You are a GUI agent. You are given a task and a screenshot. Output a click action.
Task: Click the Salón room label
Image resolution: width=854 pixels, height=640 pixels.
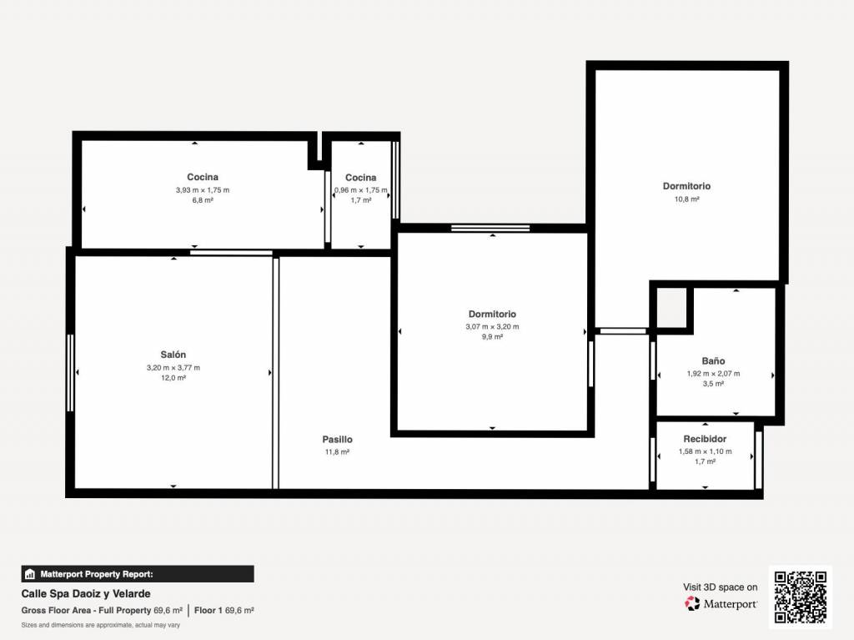pos(173,355)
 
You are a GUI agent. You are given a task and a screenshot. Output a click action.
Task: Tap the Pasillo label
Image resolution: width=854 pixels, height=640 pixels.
pos(337,440)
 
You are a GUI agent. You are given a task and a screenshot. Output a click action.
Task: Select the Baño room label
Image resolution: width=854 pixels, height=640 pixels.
pos(713,360)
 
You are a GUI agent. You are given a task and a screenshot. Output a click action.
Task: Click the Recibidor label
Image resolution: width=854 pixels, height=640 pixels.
pos(705,439)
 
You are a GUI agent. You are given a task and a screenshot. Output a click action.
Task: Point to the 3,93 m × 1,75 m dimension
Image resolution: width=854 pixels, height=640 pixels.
pos(203,190)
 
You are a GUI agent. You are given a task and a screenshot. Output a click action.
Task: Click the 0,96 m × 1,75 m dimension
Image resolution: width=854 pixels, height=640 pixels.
pos(361,190)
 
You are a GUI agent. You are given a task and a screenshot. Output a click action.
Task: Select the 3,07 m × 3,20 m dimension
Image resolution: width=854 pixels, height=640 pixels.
pos(492,327)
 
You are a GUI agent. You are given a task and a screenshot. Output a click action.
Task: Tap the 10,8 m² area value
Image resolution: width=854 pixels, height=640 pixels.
pos(687,199)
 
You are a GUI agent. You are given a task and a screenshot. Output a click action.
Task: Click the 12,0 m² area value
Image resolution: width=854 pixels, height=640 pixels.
pos(173,378)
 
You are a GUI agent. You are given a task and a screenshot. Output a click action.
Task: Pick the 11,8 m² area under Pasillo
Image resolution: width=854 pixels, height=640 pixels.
pos(337,452)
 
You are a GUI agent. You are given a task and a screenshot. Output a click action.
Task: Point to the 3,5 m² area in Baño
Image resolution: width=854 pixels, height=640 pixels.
pos(713,384)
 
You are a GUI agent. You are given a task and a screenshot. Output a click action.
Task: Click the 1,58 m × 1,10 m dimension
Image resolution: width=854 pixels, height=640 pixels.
pos(705,451)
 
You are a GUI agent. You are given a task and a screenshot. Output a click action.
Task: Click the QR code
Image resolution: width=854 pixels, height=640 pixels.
pos(800,597)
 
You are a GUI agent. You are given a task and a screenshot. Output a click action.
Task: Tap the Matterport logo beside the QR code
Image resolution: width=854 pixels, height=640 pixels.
pos(721,603)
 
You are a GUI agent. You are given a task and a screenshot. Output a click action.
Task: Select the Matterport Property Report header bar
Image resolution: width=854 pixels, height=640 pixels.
pos(138,574)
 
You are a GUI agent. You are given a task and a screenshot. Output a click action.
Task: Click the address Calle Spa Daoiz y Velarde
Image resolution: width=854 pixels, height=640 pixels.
pos(86,593)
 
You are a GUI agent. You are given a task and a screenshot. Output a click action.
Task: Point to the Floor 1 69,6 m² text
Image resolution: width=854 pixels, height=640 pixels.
pos(224,611)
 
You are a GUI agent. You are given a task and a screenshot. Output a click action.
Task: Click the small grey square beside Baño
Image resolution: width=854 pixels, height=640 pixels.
pos(671,307)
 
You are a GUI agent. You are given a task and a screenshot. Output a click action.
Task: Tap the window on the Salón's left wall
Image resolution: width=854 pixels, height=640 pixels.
pos(70,373)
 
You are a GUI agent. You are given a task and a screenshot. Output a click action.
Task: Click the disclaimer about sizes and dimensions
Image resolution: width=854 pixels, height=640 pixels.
pos(101,625)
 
